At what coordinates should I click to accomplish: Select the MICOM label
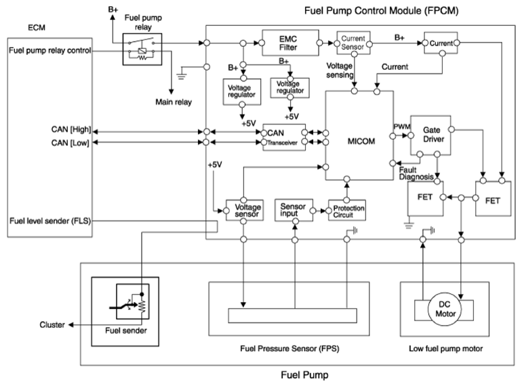(361, 141)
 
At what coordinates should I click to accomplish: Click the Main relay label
(174, 102)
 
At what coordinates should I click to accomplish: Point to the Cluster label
(52, 325)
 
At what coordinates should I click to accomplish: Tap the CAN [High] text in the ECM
(71, 129)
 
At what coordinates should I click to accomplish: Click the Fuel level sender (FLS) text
(50, 221)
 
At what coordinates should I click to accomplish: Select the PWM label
(402, 127)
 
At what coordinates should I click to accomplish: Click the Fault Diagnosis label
(416, 173)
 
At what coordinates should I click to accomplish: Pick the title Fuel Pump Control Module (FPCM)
(381, 11)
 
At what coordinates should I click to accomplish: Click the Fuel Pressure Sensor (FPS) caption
(289, 349)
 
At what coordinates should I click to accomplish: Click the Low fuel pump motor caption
(446, 349)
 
